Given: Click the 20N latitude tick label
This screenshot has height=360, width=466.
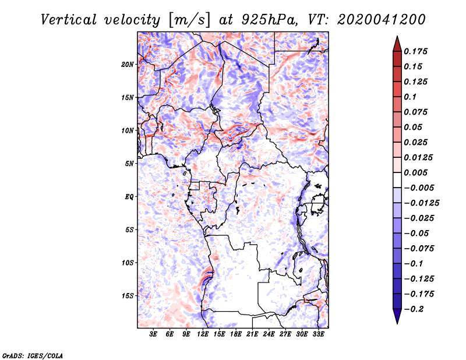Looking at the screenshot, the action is [x=128, y=65].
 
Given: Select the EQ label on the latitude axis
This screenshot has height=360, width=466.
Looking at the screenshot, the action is [x=129, y=197].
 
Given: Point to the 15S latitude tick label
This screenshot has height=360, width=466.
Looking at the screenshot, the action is [x=128, y=296].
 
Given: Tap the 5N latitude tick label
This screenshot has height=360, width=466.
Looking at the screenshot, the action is [x=129, y=164].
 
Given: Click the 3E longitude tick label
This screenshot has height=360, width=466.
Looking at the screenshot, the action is [x=153, y=334].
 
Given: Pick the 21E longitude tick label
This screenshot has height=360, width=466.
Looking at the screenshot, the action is [x=252, y=334].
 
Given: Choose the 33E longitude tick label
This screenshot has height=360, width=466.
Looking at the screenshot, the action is [x=318, y=334].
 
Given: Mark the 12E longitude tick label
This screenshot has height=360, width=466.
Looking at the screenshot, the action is [x=203, y=334].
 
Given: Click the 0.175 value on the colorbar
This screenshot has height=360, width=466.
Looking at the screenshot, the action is [x=415, y=51].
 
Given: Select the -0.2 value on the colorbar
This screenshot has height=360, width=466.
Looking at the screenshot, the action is [x=414, y=309].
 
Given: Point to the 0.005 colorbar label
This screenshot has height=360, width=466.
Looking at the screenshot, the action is [x=415, y=172].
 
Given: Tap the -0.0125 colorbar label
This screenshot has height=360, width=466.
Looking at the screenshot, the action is [x=421, y=203].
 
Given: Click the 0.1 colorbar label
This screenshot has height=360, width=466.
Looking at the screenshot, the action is [x=410, y=97].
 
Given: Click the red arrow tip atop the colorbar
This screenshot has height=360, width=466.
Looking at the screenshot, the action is [x=397, y=37].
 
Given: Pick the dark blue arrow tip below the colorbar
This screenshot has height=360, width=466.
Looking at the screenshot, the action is [x=397, y=323].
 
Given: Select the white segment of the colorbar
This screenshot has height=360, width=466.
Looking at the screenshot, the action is [x=397, y=180].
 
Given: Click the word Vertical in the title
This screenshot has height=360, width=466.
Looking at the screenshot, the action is [x=69, y=20].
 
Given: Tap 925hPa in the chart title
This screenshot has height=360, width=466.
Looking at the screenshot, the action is [x=269, y=20].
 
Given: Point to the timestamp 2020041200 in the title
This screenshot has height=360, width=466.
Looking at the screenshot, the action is [x=382, y=20].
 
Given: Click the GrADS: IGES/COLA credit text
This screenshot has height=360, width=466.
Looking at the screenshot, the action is [x=33, y=355].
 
